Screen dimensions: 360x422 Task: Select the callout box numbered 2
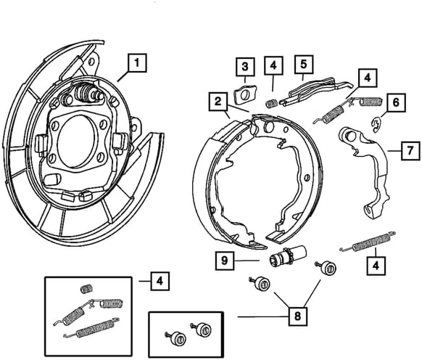(218, 102)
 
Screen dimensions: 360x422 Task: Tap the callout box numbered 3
(246, 67)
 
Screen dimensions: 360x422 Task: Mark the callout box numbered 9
(225, 259)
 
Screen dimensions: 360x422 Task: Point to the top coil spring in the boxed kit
(86, 287)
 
